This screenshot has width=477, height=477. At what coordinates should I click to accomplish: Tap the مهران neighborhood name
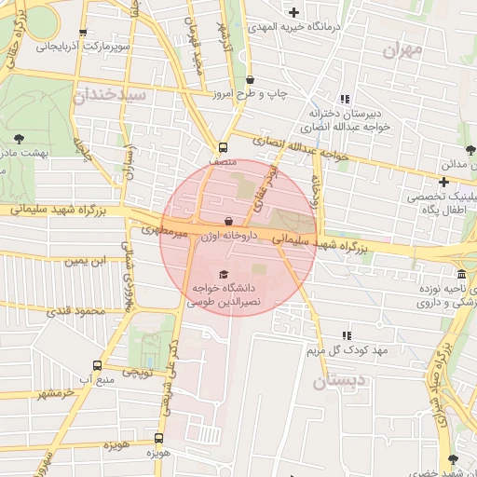click(x=402, y=48)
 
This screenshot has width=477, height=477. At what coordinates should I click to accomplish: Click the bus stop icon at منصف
click(x=223, y=147)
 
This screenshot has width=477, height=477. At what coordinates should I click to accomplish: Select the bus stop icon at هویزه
click(x=158, y=437)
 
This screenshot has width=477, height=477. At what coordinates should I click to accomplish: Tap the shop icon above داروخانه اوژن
click(x=229, y=221)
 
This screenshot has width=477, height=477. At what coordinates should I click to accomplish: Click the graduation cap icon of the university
click(x=222, y=274)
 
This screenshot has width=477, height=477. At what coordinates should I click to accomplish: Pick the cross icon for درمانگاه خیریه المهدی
click(x=294, y=12)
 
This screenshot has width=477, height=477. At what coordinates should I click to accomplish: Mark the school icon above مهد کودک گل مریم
click(x=347, y=335)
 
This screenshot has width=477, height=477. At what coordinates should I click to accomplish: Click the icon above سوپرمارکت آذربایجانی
click(x=84, y=32)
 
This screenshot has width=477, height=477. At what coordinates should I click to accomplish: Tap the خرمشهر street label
click(x=55, y=394)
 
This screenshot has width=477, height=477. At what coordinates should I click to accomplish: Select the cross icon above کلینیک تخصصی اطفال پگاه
click(x=443, y=182)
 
